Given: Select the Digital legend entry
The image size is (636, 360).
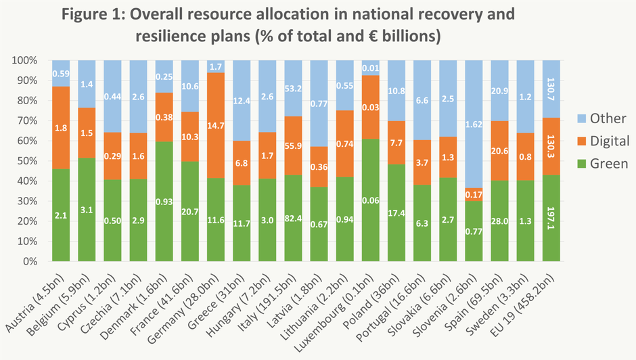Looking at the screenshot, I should click(601, 141).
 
